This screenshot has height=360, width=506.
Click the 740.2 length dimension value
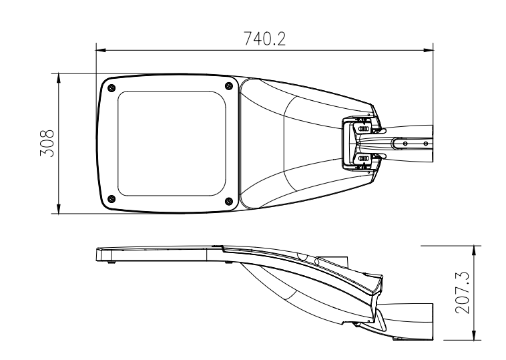click(x=264, y=39)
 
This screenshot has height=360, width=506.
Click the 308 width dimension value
click(x=47, y=144)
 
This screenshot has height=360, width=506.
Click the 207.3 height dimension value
click(x=462, y=293)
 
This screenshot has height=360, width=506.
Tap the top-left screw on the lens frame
click(x=111, y=87)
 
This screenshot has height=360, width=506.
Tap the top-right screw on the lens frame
click(x=228, y=86)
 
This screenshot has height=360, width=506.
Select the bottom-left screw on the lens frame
click(x=111, y=199)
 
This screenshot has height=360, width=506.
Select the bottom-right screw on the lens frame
click(x=228, y=201)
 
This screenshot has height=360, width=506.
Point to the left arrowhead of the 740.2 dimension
click(x=101, y=50)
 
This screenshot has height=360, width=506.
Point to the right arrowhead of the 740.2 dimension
click(x=429, y=50)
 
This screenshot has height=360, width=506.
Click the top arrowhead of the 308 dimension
click(x=58, y=78)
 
